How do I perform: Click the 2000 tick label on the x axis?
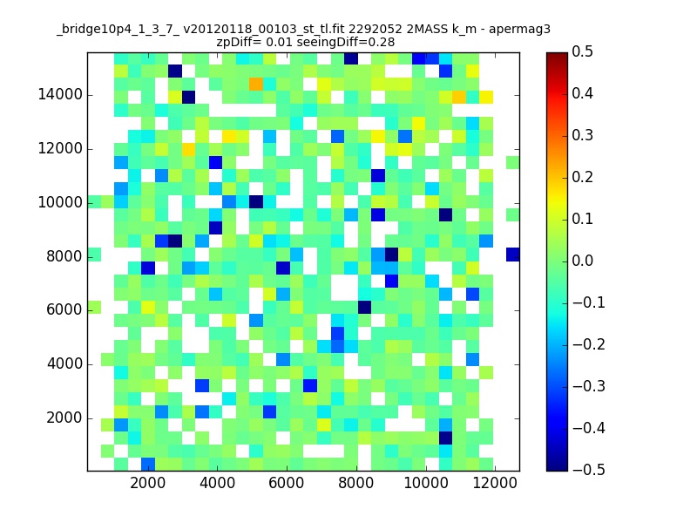tap(147, 483)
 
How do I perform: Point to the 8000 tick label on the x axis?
tap(355, 483)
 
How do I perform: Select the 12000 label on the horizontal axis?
tap(495, 483)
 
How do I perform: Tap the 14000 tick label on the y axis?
tap(60, 94)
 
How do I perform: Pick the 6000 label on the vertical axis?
tap(64, 309)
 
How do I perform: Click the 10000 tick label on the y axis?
tap(60, 202)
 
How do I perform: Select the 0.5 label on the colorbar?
tap(582, 51)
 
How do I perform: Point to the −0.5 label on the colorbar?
tap(589, 470)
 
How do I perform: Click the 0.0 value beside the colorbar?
tap(582, 261)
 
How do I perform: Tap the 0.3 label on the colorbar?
tap(582, 135)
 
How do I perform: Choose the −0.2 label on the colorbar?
tap(589, 344)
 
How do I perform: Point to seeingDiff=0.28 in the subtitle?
tap(346, 42)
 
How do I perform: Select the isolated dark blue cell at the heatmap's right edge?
tap(513, 255)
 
